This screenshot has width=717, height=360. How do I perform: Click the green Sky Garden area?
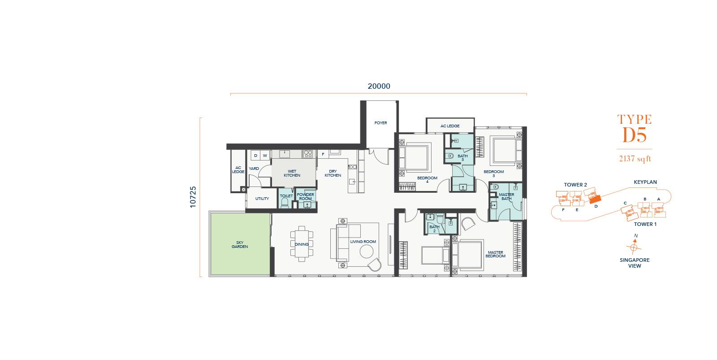click(240, 244)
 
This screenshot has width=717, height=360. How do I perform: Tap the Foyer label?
click(380, 123)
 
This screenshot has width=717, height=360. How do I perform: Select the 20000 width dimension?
click(379, 86)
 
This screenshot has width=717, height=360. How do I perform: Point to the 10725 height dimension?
click(193, 197)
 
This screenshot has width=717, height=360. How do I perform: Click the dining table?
click(302, 244)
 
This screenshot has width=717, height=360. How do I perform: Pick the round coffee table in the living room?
click(366, 252)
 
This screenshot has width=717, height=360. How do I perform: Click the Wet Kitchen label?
click(292, 173)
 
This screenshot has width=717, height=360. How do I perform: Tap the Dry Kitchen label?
click(333, 173)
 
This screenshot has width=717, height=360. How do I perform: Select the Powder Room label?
click(305, 196)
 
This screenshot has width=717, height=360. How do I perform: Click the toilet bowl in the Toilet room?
click(285, 203)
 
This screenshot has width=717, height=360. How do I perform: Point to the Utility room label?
click(262, 199)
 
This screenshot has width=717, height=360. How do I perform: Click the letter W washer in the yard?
click(265, 156)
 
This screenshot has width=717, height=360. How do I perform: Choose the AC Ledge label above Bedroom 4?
click(450, 126)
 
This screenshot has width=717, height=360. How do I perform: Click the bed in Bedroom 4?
click(415, 158)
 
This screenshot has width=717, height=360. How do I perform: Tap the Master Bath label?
click(506, 197)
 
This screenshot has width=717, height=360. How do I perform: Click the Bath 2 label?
click(434, 229)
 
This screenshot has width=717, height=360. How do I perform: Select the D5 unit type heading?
click(635, 135)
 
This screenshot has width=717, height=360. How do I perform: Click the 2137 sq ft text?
click(635, 159)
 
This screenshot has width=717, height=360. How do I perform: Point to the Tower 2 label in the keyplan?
click(575, 185)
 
